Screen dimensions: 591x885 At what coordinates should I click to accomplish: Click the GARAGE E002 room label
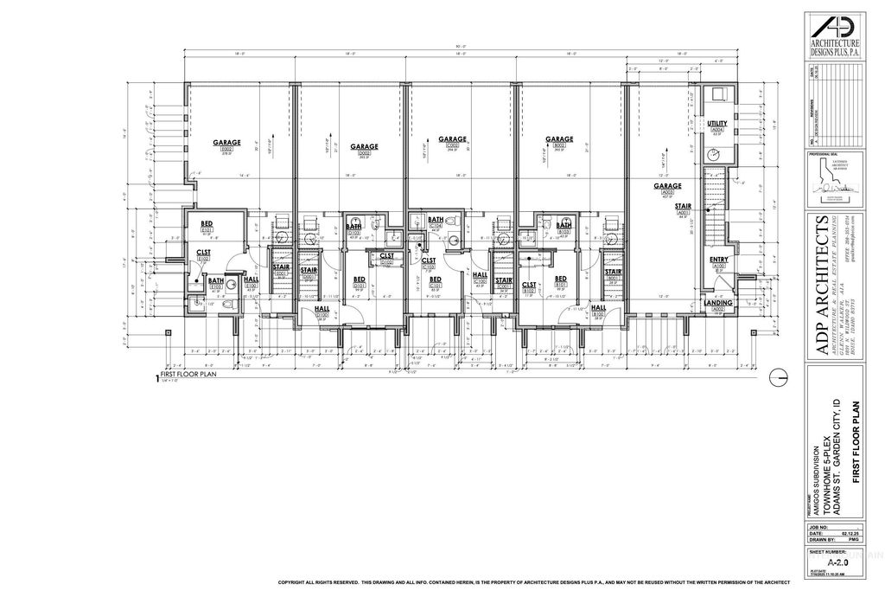click(x=228, y=145)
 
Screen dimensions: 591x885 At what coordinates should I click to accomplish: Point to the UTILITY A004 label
click(x=716, y=127)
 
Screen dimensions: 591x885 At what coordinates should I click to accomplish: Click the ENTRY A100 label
click(x=718, y=262)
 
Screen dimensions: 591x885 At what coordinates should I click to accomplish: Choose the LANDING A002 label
click(x=718, y=305)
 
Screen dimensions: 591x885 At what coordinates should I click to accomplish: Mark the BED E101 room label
click(x=207, y=226)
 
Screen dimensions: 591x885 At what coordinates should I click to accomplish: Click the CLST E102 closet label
click(x=204, y=255)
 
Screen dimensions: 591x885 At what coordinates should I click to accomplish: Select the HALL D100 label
click(x=322, y=312)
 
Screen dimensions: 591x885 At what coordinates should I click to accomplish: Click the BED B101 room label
click(x=560, y=281)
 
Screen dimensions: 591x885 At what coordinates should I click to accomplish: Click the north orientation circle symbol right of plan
click(x=779, y=376)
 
